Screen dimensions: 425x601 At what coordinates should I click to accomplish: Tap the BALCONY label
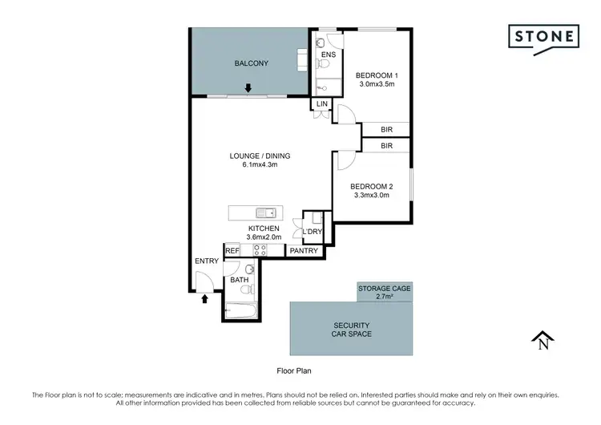(x=250, y=63)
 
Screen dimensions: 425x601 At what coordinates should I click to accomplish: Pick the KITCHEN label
(x=263, y=229)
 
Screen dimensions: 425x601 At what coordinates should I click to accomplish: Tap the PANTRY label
(x=305, y=251)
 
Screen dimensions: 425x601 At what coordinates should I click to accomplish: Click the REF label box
(x=232, y=251)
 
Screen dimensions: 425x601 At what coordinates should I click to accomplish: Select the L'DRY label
(x=312, y=232)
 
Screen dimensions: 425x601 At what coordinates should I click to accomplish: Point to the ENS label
(x=328, y=55)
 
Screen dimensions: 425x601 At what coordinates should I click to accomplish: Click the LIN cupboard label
(x=322, y=104)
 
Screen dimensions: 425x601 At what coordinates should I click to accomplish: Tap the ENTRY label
(x=206, y=262)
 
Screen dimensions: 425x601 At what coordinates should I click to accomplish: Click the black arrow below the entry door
(x=204, y=299)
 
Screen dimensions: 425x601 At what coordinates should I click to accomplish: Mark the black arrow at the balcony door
(x=248, y=88)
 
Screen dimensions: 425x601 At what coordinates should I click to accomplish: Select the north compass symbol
(x=543, y=341)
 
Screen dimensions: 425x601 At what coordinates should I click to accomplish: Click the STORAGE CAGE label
(x=385, y=286)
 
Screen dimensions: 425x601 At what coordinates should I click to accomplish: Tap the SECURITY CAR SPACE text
(x=352, y=329)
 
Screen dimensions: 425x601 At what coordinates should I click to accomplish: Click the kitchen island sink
(x=265, y=212)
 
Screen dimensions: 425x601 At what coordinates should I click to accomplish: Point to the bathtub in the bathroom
(x=240, y=307)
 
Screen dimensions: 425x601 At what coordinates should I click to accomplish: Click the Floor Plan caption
(x=293, y=370)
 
